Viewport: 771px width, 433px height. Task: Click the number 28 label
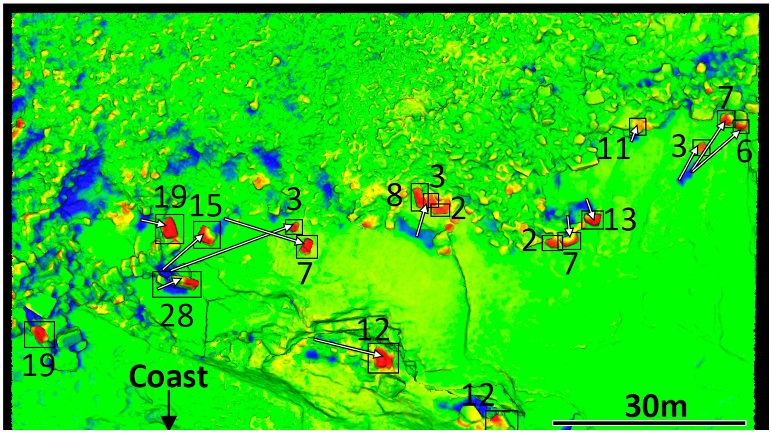pyautogui.click(x=176, y=316)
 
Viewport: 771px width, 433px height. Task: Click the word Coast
pyautogui.click(x=169, y=377)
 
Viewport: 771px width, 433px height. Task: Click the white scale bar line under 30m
pyautogui.click(x=649, y=423)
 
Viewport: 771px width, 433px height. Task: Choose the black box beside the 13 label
pyautogui.click(x=592, y=220)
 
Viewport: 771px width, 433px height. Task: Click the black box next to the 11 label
pyautogui.click(x=638, y=126)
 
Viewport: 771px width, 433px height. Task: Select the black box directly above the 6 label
pyautogui.click(x=741, y=126)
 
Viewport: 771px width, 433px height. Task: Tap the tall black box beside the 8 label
pyautogui.click(x=419, y=197)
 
